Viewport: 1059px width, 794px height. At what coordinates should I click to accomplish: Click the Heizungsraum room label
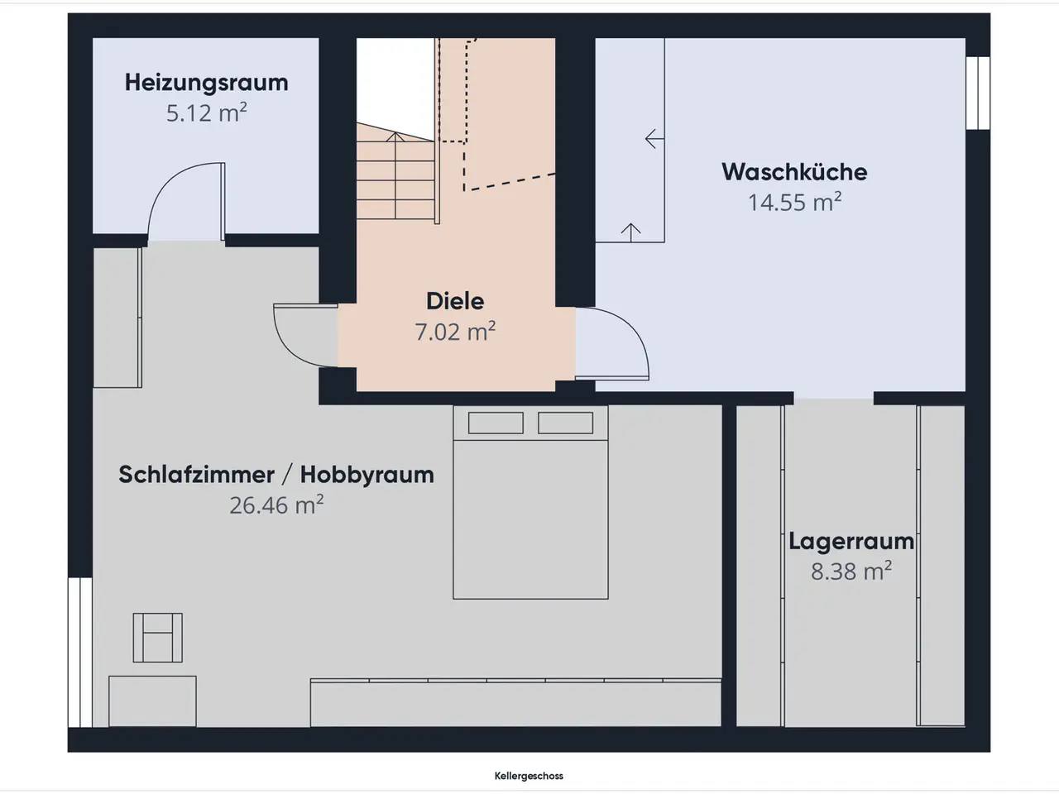click(207, 83)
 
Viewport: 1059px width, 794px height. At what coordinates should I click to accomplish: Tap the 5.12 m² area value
click(207, 112)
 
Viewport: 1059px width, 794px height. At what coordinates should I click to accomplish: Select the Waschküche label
click(794, 172)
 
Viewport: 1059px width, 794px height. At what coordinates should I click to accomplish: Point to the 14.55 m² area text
click(794, 202)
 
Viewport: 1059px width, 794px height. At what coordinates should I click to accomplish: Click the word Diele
click(455, 301)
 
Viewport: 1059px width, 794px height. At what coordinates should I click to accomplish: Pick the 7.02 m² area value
click(455, 332)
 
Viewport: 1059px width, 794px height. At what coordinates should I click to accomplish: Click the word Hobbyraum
click(367, 475)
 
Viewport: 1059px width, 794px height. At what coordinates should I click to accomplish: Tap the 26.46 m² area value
click(276, 505)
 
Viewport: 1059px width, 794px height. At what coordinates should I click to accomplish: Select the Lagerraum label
click(851, 542)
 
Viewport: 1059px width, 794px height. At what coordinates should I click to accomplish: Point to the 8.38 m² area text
click(851, 572)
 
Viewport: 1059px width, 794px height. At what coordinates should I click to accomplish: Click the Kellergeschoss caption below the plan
click(529, 776)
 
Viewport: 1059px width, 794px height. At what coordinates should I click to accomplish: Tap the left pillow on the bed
click(496, 423)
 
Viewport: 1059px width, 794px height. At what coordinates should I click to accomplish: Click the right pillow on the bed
click(565, 423)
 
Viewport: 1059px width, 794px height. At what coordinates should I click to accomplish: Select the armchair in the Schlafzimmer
click(158, 638)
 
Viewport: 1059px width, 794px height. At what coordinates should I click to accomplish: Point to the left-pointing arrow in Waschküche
click(654, 139)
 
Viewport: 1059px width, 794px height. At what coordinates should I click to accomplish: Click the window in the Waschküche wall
click(978, 93)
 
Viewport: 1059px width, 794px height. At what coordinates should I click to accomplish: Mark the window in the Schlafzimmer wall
click(80, 652)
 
